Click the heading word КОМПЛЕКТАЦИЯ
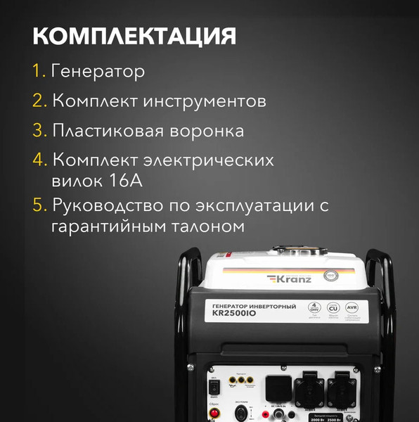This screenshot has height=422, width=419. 134,36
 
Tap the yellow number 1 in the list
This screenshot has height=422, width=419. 38,71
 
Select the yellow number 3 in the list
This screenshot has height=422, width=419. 38,131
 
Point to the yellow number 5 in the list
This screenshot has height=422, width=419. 38,207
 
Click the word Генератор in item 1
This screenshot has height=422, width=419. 98,71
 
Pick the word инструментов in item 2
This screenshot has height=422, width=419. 205,101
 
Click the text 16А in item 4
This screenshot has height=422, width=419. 127,181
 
